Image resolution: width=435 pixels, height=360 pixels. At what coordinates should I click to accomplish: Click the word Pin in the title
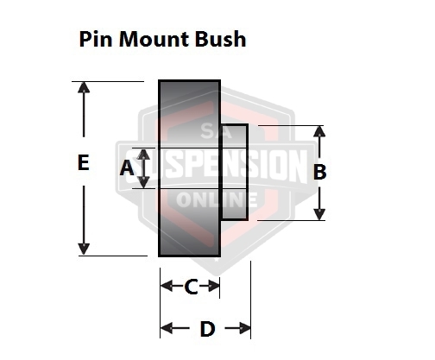(95, 39)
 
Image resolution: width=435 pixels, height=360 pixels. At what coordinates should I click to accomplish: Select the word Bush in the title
(221, 39)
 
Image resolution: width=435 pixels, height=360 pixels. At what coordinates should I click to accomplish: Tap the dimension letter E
(84, 162)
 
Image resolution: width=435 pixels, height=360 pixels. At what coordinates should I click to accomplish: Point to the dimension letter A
(127, 168)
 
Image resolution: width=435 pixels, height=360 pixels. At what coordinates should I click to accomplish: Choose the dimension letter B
(319, 172)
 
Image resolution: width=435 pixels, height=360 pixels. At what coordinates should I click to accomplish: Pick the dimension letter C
(191, 287)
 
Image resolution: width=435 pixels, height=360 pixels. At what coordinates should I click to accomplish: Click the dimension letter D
(207, 329)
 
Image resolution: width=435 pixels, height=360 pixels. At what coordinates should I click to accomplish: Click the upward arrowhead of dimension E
(84, 87)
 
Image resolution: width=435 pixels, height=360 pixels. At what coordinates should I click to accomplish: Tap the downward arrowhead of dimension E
(84, 249)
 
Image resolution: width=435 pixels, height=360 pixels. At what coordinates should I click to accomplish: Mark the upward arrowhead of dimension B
(319, 131)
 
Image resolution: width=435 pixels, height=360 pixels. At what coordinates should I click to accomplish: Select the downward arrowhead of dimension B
(319, 215)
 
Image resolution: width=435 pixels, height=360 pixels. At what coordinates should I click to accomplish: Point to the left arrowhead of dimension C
(167, 286)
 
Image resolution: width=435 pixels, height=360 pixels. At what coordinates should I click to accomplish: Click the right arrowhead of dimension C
(214, 286)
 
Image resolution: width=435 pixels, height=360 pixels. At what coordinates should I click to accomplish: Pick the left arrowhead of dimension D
(167, 328)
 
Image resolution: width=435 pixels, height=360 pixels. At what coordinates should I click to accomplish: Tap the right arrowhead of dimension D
(245, 328)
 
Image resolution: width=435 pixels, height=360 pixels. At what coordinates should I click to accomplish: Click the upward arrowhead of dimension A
(143, 155)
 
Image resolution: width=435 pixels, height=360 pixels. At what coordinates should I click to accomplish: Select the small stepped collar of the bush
(235, 173)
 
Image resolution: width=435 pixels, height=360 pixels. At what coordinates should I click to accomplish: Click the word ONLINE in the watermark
(217, 199)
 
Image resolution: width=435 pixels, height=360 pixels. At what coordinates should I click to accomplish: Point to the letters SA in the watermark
(217, 130)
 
